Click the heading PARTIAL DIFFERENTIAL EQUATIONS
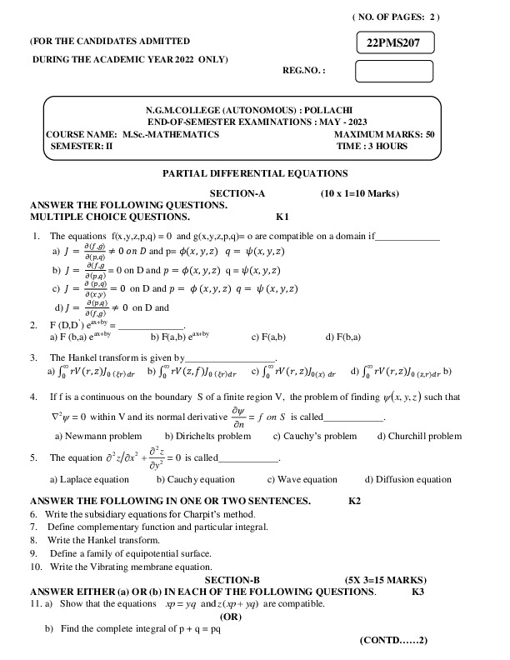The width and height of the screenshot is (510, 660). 254,173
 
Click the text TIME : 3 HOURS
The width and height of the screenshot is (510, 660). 372,146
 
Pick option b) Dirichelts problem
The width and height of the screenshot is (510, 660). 207,436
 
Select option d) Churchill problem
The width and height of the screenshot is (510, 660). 419,436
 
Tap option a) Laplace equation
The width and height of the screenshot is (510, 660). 90,479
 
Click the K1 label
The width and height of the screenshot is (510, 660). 282,215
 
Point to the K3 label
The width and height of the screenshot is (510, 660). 418,591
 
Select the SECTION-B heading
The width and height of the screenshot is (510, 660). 232,579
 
